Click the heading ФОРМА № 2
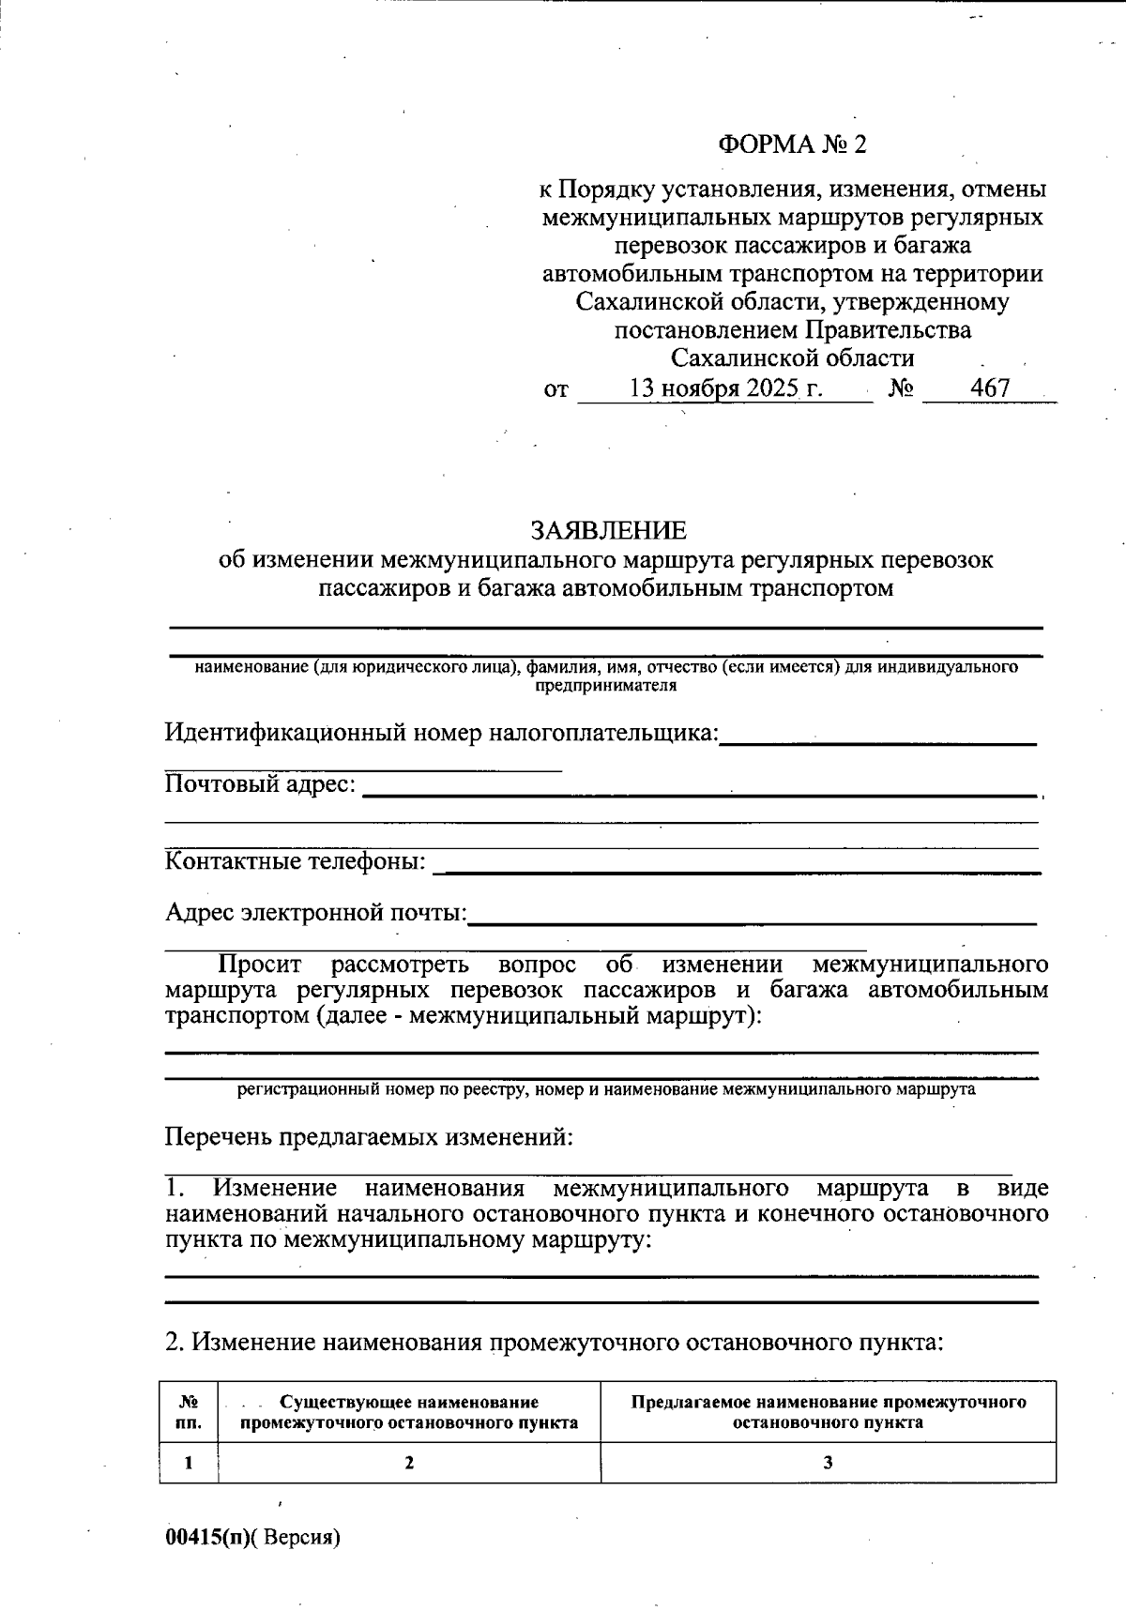click(793, 144)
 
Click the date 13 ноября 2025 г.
click(726, 388)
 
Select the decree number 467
click(990, 388)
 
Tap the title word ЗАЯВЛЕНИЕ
click(608, 531)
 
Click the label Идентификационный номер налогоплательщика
click(441, 732)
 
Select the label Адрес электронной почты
click(315, 911)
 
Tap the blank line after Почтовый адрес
click(699, 794)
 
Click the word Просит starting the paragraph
click(260, 965)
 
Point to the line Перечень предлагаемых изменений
click(369, 1137)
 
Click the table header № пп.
click(189, 1412)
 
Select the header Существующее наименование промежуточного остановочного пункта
click(409, 1412)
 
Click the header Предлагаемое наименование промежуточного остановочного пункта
click(828, 1412)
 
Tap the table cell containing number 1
click(189, 1462)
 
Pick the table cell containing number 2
click(409, 1462)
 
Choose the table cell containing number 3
click(828, 1462)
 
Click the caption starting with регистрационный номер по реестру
click(605, 1090)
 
